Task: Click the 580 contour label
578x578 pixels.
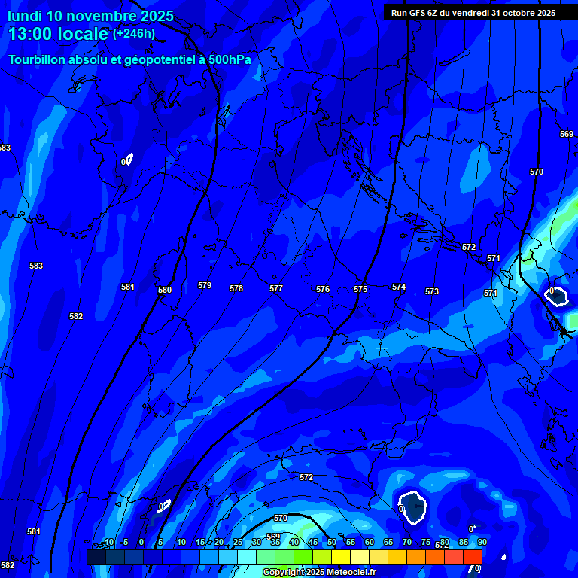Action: [x=165, y=290]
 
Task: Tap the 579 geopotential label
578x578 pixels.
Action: [x=205, y=285]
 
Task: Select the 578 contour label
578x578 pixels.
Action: [x=236, y=288]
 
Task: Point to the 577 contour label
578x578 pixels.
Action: [x=276, y=288]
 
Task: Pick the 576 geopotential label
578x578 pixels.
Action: [x=323, y=289]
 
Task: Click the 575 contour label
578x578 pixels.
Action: [x=360, y=289]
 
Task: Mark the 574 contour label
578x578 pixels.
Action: [x=399, y=287]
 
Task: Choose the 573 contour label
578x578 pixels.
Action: [x=432, y=291]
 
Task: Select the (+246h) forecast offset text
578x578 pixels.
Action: [x=134, y=33]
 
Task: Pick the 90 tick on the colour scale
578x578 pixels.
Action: [x=482, y=542]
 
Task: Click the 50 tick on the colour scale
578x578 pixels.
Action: [x=332, y=542]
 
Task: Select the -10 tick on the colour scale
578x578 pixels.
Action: [x=108, y=542]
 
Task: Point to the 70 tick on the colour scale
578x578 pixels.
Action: [x=407, y=542]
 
